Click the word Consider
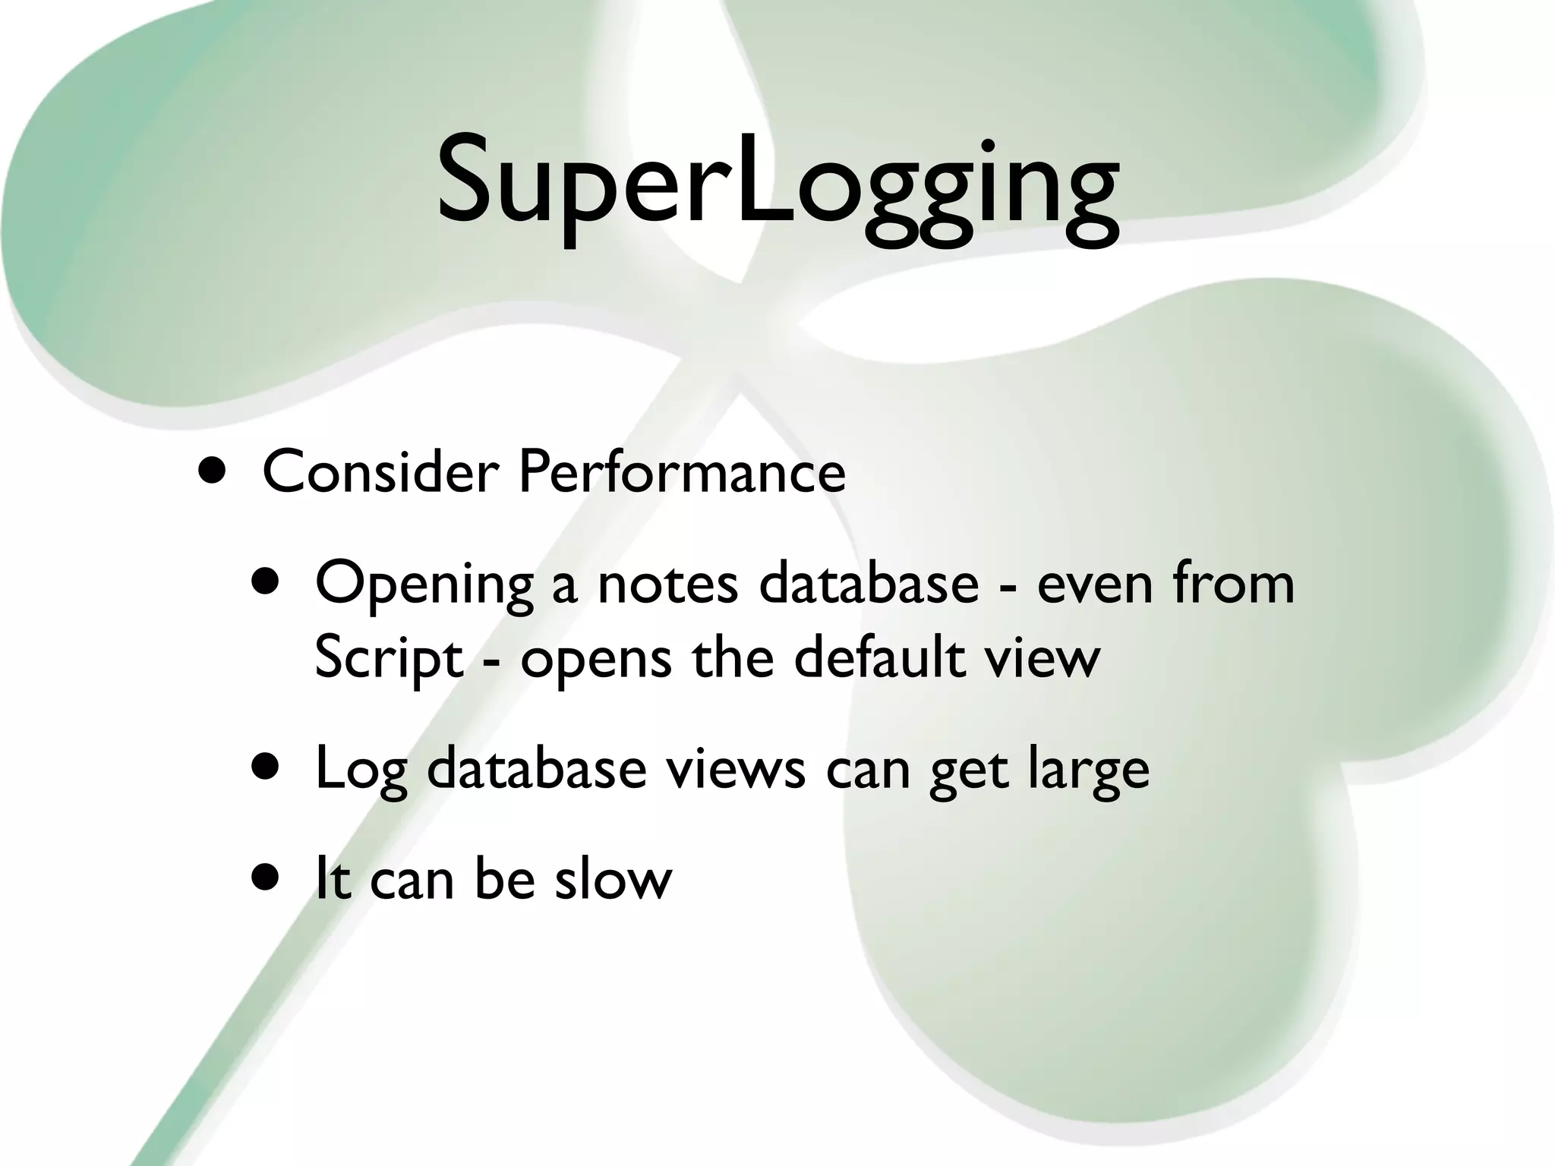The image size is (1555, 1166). (380, 472)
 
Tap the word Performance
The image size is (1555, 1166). (681, 472)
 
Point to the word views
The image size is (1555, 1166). (735, 768)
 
